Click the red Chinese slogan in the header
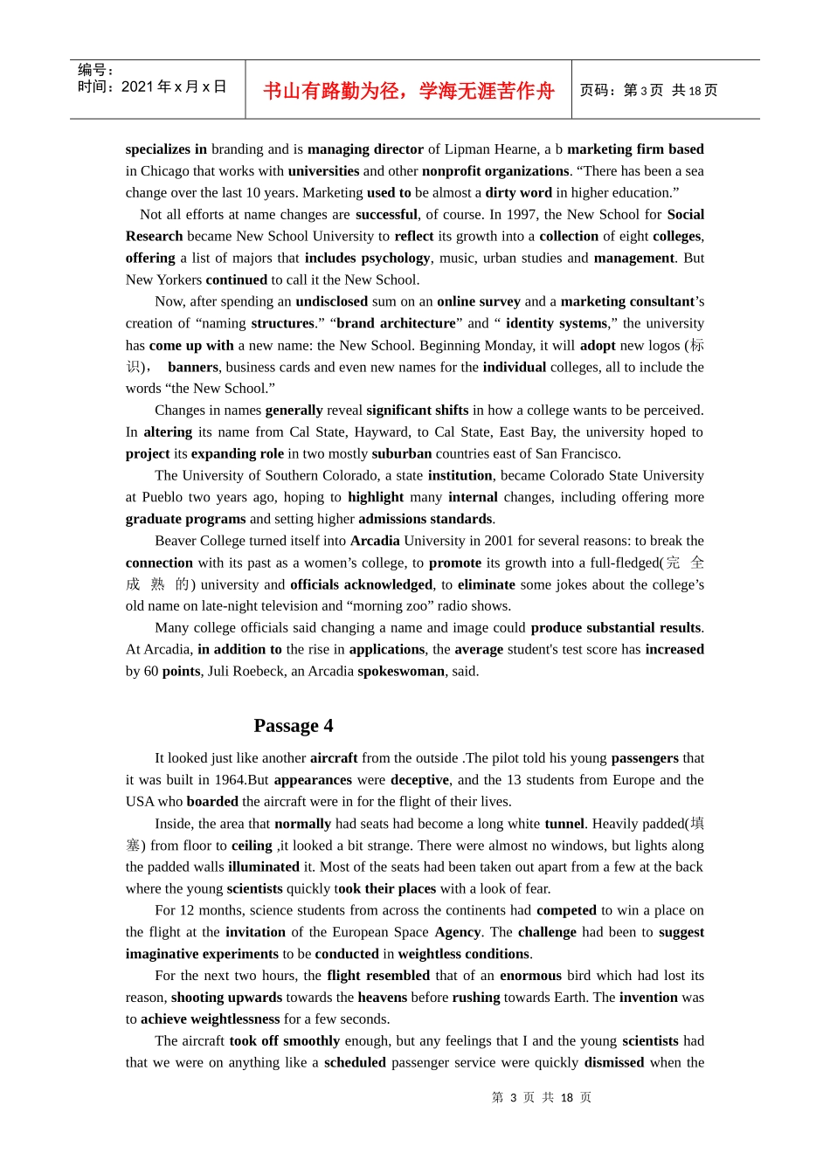[x=408, y=91]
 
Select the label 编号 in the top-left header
[x=91, y=70]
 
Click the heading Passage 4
[x=293, y=726]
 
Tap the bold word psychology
[x=395, y=259]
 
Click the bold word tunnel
[x=564, y=824]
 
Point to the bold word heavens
[x=383, y=998]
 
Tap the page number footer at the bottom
[x=542, y=1098]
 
